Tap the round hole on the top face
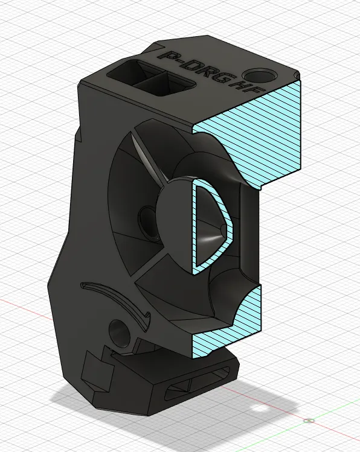pos(262,75)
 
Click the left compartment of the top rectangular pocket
pos(128,74)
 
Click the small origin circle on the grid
pos(310,420)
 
